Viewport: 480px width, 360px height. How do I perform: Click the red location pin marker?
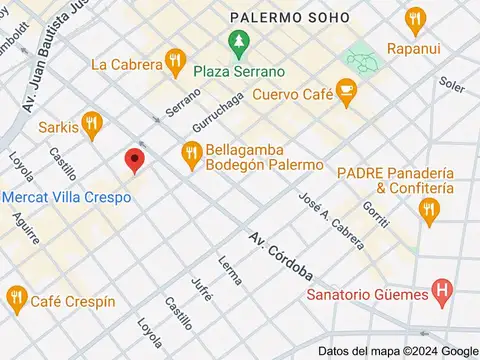coord(133,160)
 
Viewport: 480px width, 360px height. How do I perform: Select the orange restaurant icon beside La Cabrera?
coord(175,63)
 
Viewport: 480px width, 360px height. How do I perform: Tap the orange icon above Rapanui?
coord(413,18)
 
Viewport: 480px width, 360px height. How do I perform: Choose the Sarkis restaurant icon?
coord(93,126)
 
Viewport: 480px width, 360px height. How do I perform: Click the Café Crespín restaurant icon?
coord(16,298)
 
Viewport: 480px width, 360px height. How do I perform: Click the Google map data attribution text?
coord(398,351)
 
